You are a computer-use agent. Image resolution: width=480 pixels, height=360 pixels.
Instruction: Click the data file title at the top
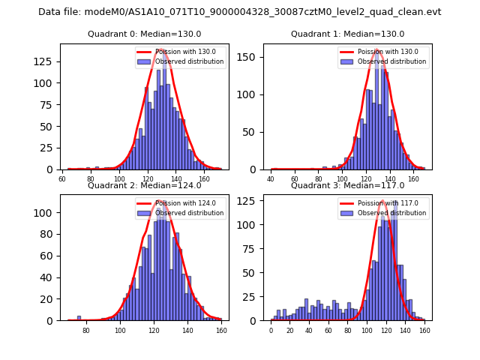pyautogui.click(x=240, y=12)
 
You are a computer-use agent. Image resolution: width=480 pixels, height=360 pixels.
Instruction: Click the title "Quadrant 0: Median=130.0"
pyautogui.click(x=142, y=34)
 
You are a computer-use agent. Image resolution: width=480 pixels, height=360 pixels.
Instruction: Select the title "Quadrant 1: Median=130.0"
pyautogui.click(x=347, y=34)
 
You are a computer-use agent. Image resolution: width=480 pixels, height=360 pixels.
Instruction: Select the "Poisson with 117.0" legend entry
pyautogui.click(x=388, y=203)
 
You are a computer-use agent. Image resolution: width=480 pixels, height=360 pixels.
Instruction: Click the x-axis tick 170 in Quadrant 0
pyautogui.click(x=218, y=179)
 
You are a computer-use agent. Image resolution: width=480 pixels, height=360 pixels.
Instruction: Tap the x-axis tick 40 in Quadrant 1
pyautogui.click(x=271, y=179)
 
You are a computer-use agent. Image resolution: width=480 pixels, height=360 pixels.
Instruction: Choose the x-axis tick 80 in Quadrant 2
pyautogui.click(x=86, y=330)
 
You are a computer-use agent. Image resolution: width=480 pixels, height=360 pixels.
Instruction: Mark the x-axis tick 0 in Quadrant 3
pyautogui.click(x=271, y=330)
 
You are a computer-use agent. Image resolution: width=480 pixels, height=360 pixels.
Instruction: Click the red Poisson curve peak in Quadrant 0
pyautogui.click(x=162, y=49)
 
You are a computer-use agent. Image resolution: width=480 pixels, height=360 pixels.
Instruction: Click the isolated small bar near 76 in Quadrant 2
pyautogui.click(x=79, y=318)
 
